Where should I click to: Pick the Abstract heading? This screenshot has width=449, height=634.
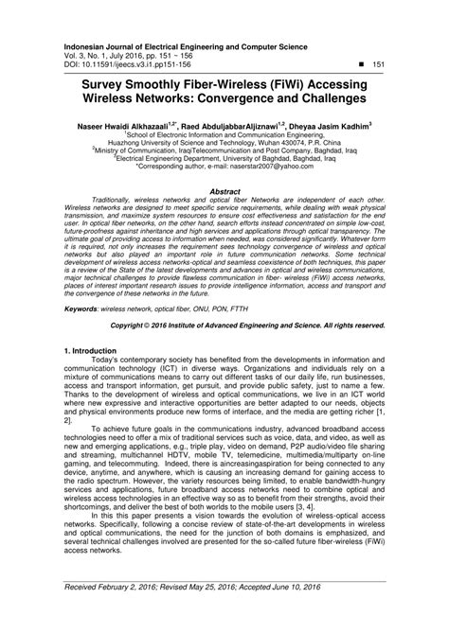(224, 191)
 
